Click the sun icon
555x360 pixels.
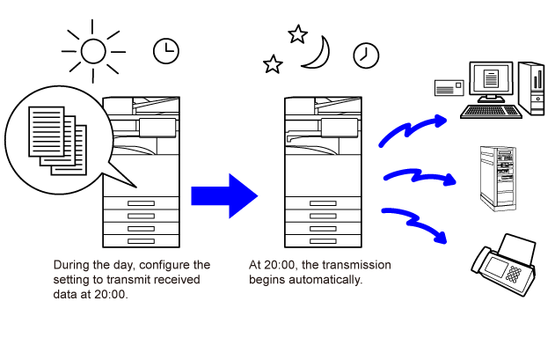click(93, 51)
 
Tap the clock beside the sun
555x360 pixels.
click(164, 51)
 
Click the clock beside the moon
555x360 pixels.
click(365, 55)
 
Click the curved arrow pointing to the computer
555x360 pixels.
click(411, 131)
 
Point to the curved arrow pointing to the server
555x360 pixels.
click(419, 176)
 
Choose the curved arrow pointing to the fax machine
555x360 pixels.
click(418, 222)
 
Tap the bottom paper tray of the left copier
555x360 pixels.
click(141, 241)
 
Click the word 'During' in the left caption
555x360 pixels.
click(70, 265)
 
